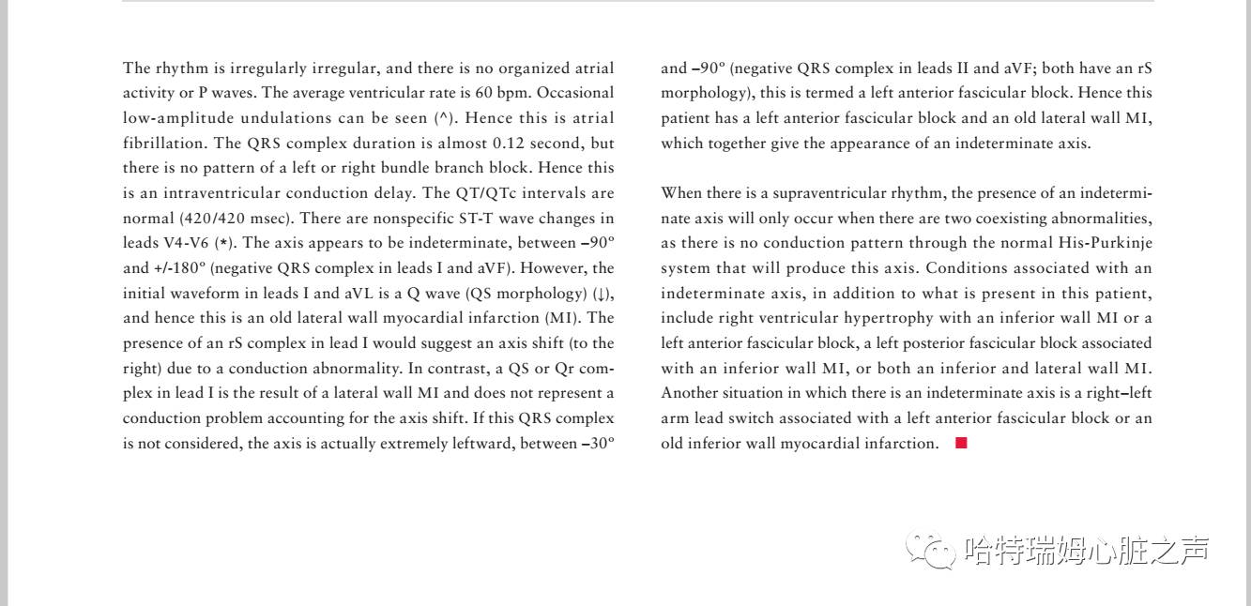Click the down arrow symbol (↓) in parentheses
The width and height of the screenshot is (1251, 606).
601,294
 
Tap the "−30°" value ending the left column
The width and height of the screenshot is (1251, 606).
598,444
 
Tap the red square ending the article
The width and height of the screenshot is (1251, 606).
960,444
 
